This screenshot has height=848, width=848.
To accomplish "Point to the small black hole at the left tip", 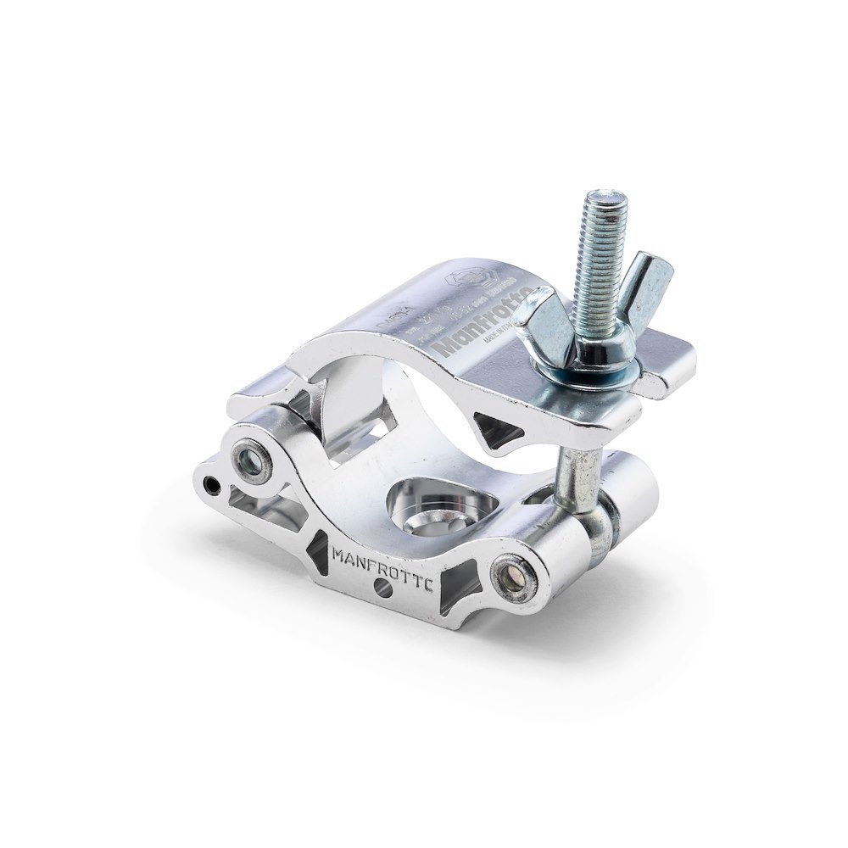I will (x=211, y=486).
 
